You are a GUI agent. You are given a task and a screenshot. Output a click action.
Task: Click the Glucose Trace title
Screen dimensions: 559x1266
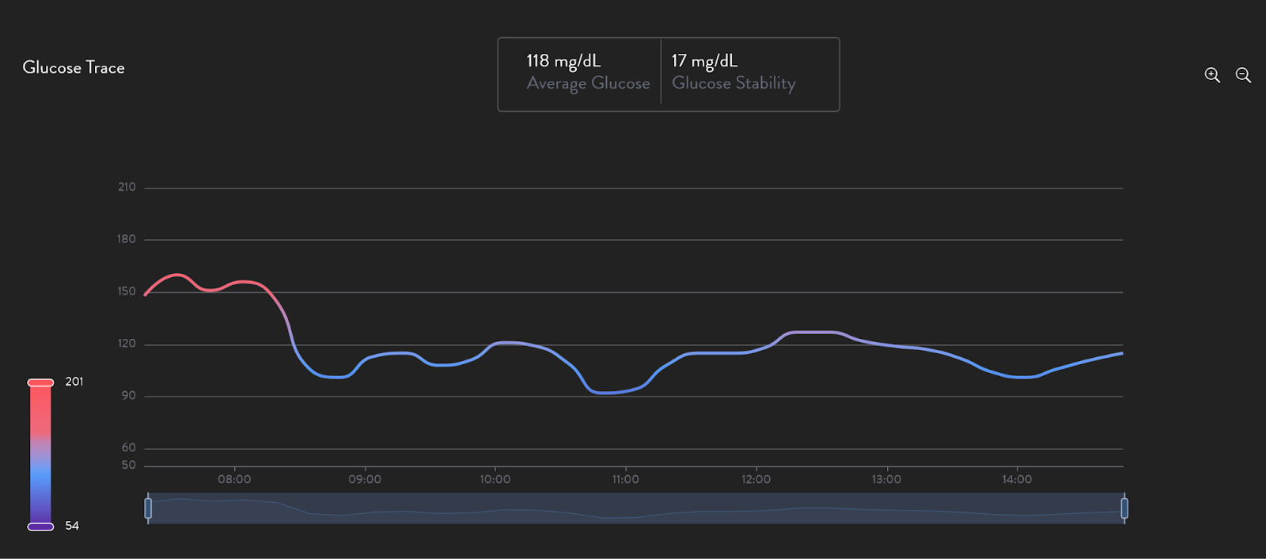point(74,68)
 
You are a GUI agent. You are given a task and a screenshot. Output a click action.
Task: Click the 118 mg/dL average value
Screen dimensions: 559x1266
point(563,61)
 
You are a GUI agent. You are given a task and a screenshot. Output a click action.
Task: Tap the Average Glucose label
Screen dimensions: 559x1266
point(588,83)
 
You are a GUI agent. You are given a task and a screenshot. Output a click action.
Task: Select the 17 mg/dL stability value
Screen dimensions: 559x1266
point(704,61)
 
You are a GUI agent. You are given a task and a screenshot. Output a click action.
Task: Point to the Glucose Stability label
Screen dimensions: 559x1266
point(733,83)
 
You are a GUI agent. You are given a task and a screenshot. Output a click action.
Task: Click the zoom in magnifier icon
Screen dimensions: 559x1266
point(1212,75)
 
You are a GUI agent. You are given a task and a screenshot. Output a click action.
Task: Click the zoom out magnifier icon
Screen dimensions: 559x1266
point(1243,75)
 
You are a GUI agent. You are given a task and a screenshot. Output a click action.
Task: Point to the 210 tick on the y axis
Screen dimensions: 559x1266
point(127,188)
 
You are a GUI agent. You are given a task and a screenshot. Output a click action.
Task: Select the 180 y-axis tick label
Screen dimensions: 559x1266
point(127,239)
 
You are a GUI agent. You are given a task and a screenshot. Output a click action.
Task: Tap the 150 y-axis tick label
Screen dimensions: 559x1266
point(127,291)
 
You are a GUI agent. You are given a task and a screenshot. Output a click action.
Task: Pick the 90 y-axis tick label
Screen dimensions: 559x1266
point(128,396)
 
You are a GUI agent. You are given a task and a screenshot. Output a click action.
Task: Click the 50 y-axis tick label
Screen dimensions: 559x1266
point(128,465)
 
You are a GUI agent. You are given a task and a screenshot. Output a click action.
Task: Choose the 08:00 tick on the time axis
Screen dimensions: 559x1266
point(234,480)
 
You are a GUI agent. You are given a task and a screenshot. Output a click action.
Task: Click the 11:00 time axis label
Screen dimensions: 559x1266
point(625,480)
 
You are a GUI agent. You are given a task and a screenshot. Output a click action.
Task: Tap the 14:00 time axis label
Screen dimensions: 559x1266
point(1017,480)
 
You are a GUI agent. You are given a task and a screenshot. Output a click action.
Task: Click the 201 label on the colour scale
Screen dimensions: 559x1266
point(74,382)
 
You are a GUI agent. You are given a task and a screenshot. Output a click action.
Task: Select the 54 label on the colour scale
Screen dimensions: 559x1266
point(72,526)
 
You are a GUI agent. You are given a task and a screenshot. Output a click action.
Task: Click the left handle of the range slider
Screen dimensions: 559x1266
point(148,508)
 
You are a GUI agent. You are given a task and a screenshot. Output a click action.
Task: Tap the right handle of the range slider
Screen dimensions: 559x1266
point(1124,508)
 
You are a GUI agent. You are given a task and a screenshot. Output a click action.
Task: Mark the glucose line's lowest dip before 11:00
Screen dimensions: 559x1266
point(605,393)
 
